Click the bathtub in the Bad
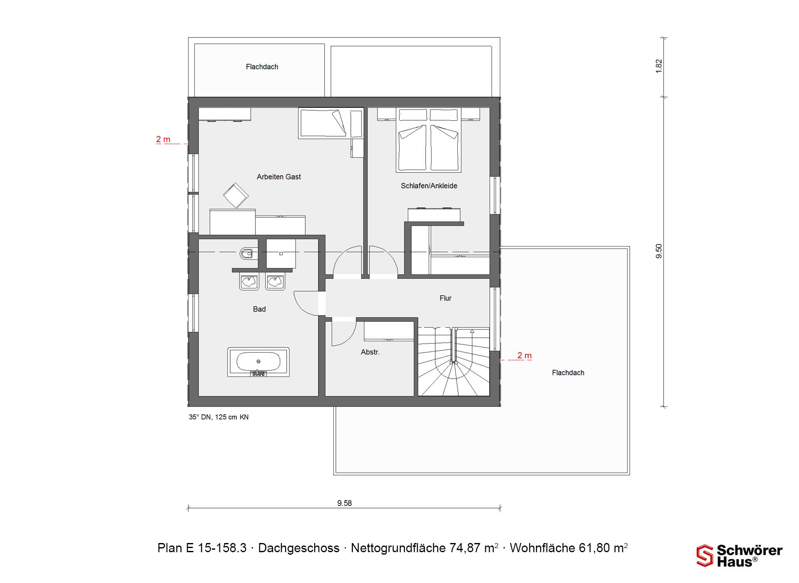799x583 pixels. pos(258,362)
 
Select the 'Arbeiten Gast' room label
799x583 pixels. pos(279,177)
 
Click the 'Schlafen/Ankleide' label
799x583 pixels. pos(429,186)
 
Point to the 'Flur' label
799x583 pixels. pos(445,298)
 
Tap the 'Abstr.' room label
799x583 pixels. pos(370,352)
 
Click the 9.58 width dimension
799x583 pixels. pos(345,503)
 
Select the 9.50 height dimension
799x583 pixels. pos(659,251)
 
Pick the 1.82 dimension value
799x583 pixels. pos(659,66)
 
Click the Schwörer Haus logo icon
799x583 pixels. pos(705,556)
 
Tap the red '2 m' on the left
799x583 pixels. pos(163,140)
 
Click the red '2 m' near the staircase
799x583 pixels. pos(524,355)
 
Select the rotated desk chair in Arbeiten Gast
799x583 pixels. pos(236,195)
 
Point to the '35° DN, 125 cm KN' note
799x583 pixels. pos(218,417)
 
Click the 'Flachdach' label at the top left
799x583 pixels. pos(262,67)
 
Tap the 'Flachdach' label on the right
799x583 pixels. pos(568,373)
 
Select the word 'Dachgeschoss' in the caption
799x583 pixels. pos(299,548)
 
